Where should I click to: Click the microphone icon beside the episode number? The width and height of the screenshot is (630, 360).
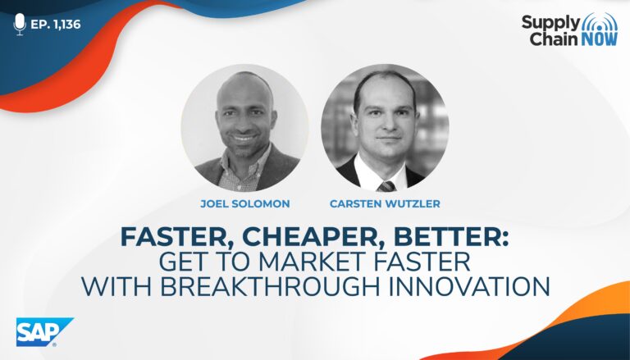point(20,24)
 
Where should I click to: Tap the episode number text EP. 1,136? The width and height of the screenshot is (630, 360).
point(56,25)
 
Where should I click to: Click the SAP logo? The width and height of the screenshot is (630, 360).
point(44,332)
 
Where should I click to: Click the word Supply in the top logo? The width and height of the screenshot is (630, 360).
point(550,23)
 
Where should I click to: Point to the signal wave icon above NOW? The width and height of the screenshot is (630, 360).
point(600,21)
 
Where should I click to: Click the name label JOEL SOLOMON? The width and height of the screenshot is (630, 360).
point(245,203)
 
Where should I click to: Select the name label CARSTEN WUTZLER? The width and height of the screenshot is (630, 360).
point(385,203)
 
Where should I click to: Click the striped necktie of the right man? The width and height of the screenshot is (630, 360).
point(386,185)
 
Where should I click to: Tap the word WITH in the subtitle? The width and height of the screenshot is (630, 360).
point(116,286)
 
